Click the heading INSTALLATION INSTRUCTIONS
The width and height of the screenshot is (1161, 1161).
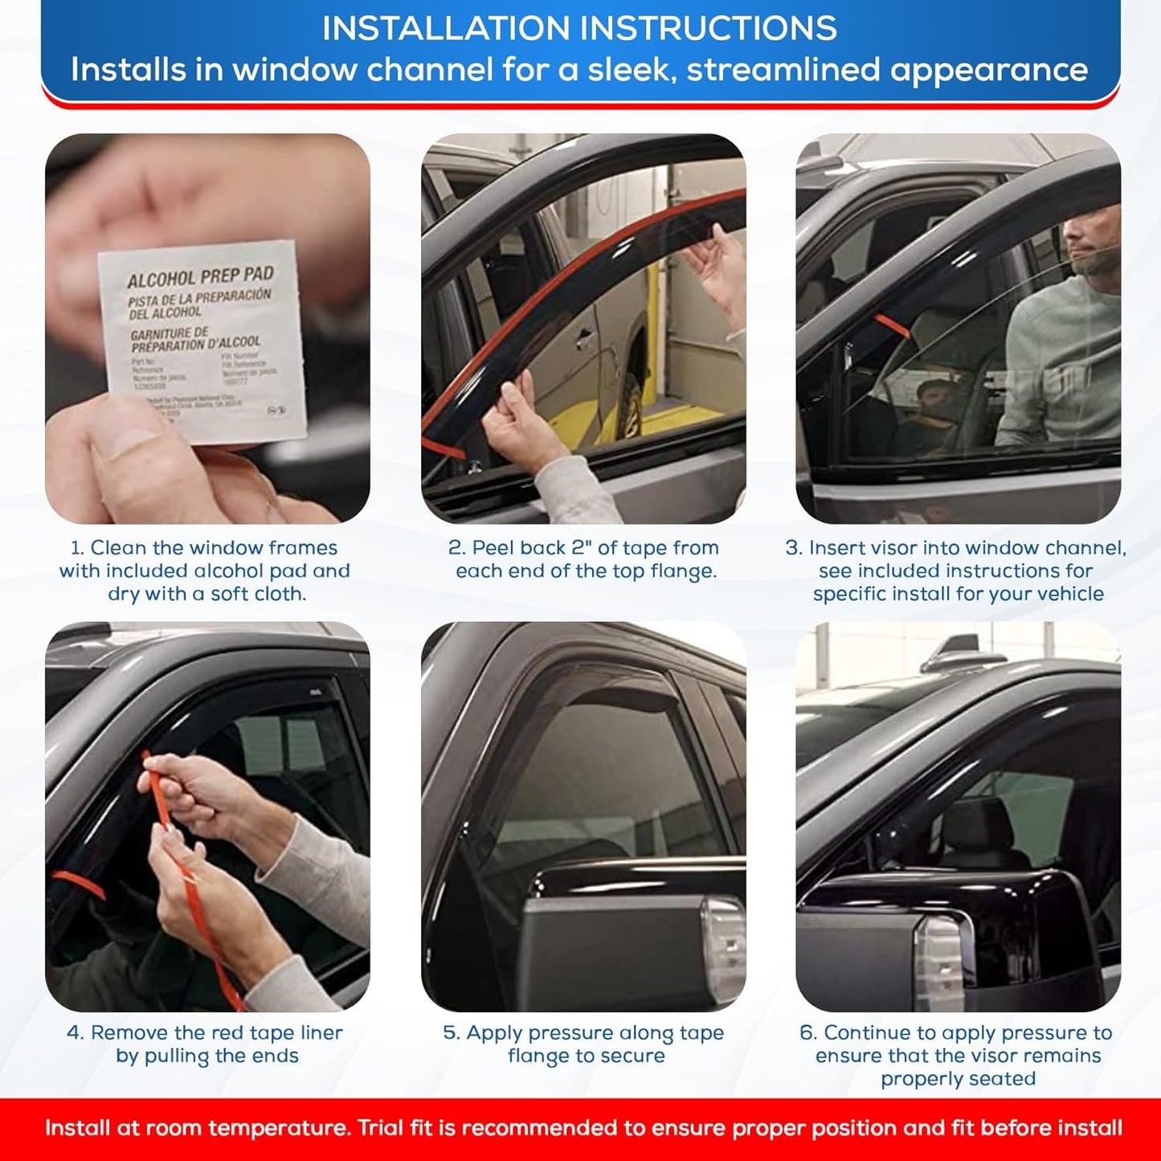point(579,29)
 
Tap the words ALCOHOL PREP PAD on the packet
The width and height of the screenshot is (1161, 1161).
point(200,277)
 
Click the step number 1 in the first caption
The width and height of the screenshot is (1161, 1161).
point(76,548)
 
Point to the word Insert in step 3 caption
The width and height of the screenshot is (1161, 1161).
point(836,548)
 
